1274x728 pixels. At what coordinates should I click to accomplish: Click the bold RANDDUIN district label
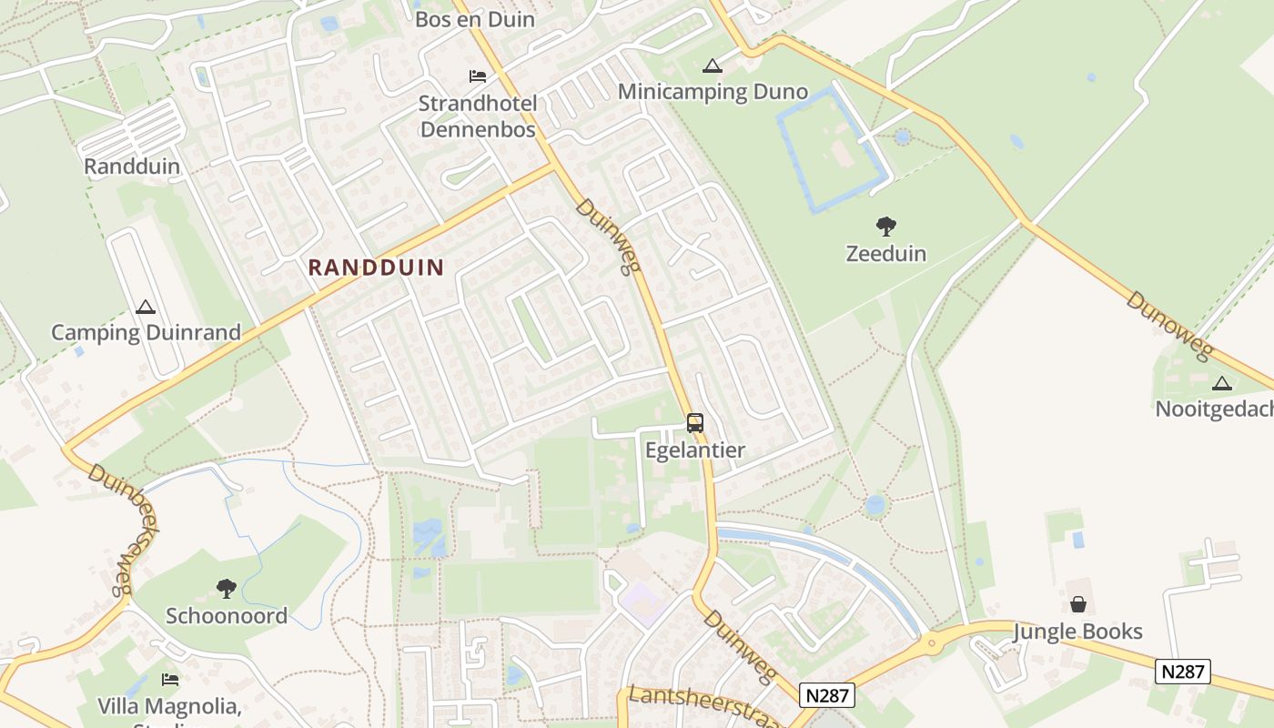click(x=376, y=268)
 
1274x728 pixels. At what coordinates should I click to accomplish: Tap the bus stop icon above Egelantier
click(x=695, y=422)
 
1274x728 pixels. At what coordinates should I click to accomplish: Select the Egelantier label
click(x=695, y=450)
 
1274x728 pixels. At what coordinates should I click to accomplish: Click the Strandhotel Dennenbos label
click(x=478, y=116)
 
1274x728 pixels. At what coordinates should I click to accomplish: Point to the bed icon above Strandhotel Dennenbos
click(x=478, y=76)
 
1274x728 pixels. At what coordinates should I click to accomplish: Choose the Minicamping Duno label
click(x=713, y=92)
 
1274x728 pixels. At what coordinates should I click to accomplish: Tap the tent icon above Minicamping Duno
click(x=712, y=66)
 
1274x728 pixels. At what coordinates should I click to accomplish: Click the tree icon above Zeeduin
click(x=885, y=226)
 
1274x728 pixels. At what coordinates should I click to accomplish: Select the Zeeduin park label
click(x=885, y=253)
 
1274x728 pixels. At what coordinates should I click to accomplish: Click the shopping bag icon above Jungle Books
click(x=1077, y=604)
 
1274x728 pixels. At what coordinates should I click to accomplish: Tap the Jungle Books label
click(x=1077, y=632)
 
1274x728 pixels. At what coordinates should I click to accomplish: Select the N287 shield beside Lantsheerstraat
click(x=827, y=695)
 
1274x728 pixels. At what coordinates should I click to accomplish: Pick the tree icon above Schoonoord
click(x=227, y=589)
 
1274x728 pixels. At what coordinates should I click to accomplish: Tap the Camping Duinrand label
click(x=146, y=332)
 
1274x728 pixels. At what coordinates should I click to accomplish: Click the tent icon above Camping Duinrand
click(x=145, y=307)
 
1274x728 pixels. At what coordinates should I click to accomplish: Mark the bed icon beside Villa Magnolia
click(x=170, y=679)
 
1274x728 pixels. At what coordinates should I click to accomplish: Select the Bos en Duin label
click(x=475, y=19)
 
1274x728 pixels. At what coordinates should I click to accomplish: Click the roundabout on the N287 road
click(x=931, y=643)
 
